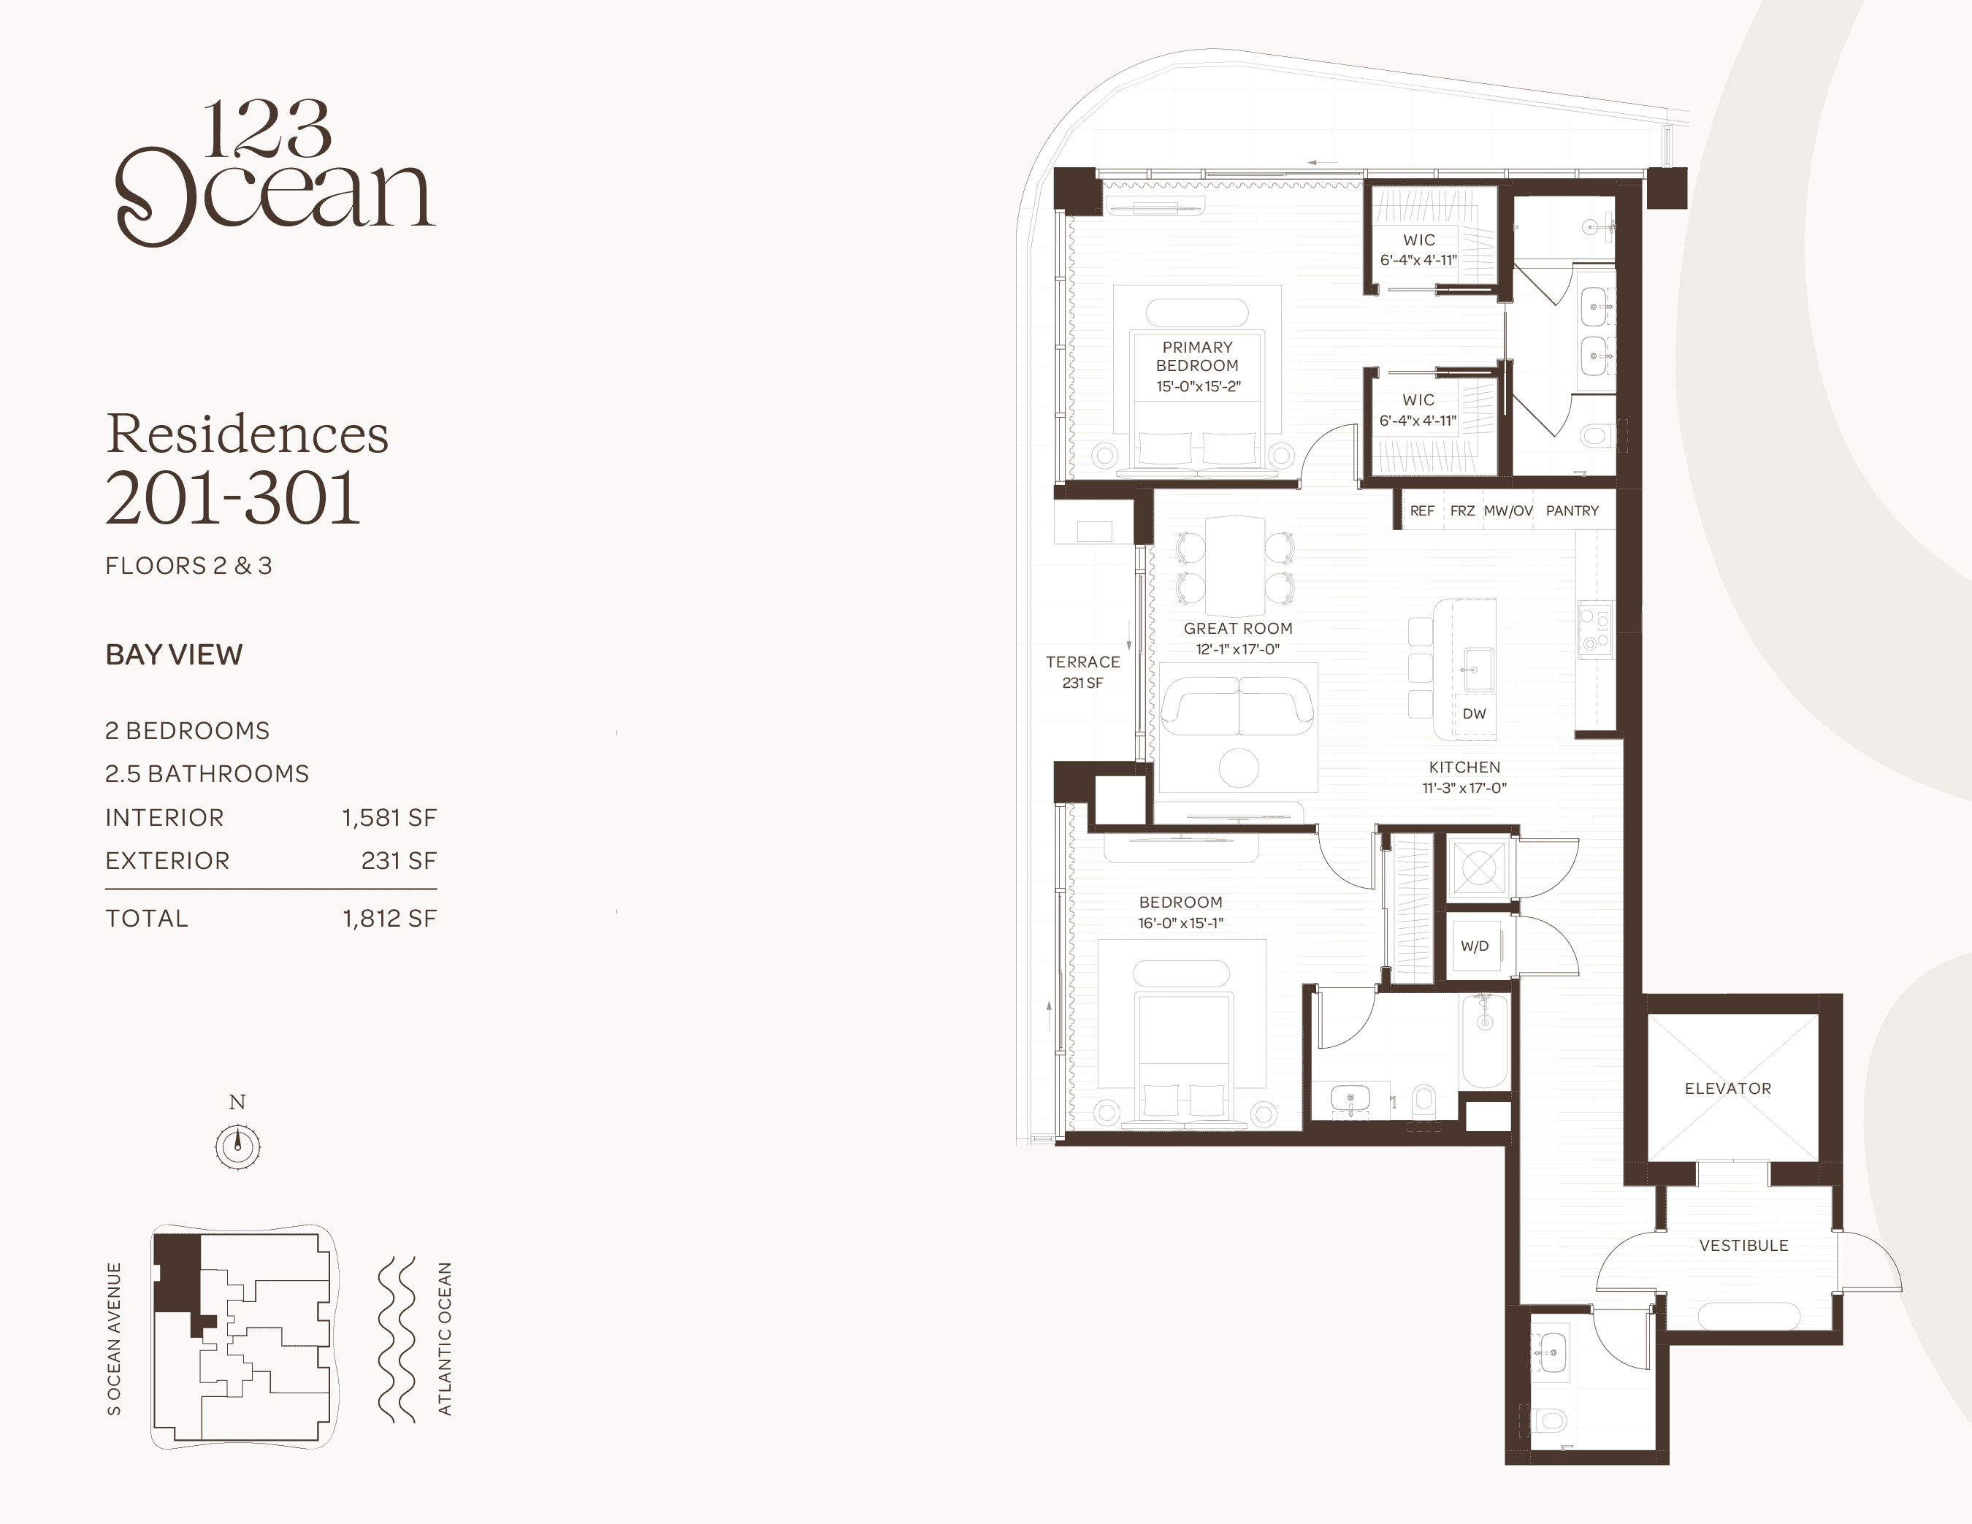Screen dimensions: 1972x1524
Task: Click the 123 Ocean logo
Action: (x=275, y=172)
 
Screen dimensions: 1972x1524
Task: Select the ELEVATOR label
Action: (x=1727, y=1088)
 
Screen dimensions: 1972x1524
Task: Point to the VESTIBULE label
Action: (x=1743, y=1245)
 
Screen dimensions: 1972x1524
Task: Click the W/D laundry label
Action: (x=1475, y=946)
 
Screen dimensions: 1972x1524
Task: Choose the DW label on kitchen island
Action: (x=1474, y=713)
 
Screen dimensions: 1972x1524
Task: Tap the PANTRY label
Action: (x=1572, y=510)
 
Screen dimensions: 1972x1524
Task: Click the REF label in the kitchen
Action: (x=1422, y=510)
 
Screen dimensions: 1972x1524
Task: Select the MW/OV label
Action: (x=1508, y=510)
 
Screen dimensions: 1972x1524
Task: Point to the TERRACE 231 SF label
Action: (x=1082, y=672)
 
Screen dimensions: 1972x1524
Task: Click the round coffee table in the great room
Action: (x=1239, y=768)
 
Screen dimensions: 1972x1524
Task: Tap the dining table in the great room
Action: (x=1235, y=565)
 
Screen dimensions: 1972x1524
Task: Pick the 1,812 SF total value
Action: (x=389, y=918)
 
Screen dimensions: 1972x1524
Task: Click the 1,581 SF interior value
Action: (x=389, y=817)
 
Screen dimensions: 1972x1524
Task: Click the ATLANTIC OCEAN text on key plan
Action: (x=444, y=1338)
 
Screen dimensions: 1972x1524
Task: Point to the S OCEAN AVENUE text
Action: (x=114, y=1338)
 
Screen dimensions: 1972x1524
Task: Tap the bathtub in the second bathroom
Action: (x=1484, y=1041)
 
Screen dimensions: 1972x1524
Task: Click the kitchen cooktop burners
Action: (x=1594, y=630)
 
